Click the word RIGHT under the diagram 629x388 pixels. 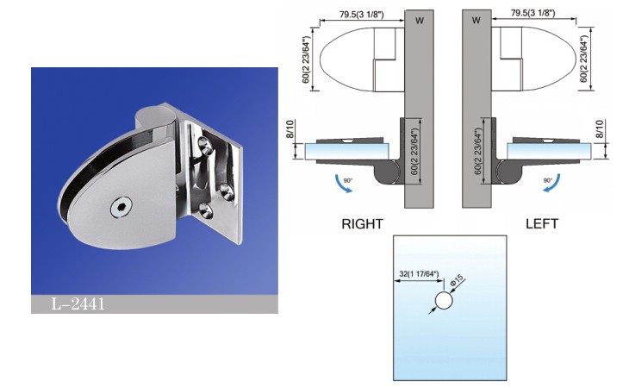click(363, 224)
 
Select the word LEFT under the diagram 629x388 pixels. click(542, 224)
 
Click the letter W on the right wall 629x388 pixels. click(476, 19)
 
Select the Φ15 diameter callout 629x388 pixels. click(458, 280)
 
